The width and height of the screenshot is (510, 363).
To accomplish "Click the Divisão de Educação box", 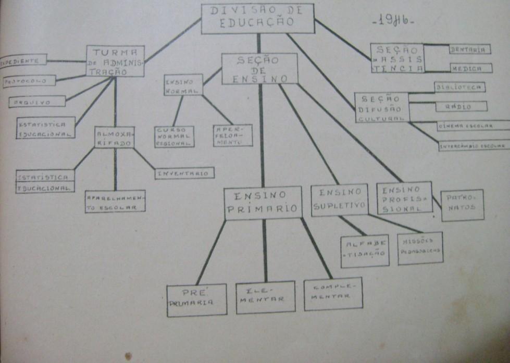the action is (257, 18).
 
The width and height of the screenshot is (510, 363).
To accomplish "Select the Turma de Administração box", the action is (115, 61).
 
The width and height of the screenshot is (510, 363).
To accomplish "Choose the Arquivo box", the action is (36, 102).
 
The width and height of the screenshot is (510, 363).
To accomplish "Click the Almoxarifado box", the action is (114, 137).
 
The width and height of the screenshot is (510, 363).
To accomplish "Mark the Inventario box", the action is (184, 173).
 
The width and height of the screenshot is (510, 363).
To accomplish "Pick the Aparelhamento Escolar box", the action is (115, 201).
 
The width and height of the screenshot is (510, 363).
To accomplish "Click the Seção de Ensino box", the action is (259, 68).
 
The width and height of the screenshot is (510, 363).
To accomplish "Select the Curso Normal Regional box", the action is (174, 136).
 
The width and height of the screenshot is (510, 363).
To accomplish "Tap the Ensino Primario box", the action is (263, 202).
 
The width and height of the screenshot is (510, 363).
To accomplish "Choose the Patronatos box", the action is (462, 205).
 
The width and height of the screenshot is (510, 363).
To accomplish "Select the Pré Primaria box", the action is (196, 299).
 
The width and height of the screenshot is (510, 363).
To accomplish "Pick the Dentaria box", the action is (469, 49).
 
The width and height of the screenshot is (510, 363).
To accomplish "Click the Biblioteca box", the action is (459, 87).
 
